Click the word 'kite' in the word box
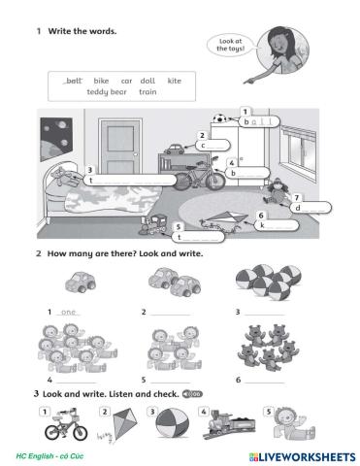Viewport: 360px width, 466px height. click(x=174, y=81)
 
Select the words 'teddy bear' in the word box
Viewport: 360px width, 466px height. click(x=107, y=92)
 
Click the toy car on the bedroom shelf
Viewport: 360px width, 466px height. click(x=176, y=150)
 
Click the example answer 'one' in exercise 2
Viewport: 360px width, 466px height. click(x=68, y=313)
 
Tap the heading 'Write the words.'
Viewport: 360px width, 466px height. click(x=82, y=31)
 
